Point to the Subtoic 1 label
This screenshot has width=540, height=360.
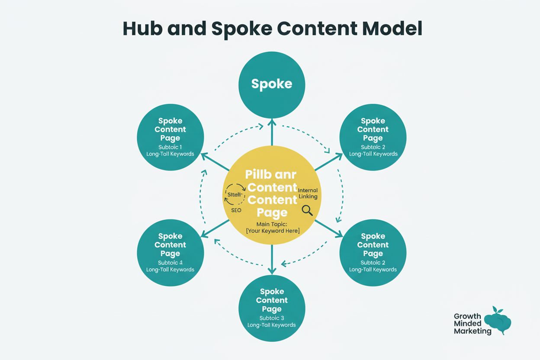coord(170,147)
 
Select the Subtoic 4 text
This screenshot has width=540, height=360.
coord(170,263)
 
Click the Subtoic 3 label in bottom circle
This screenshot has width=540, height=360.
coord(272,318)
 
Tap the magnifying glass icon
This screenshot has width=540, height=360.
coord(307,210)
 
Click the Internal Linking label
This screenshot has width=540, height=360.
coord(308,193)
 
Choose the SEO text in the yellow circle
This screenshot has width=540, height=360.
coord(236,210)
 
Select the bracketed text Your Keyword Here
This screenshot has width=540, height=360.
coord(272,231)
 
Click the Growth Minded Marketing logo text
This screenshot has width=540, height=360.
coord(472,324)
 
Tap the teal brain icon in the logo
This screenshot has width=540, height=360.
coord(498,322)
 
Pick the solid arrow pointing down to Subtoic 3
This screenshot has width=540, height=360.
coord(272,260)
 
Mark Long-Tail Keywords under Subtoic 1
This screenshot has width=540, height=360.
coord(170,154)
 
